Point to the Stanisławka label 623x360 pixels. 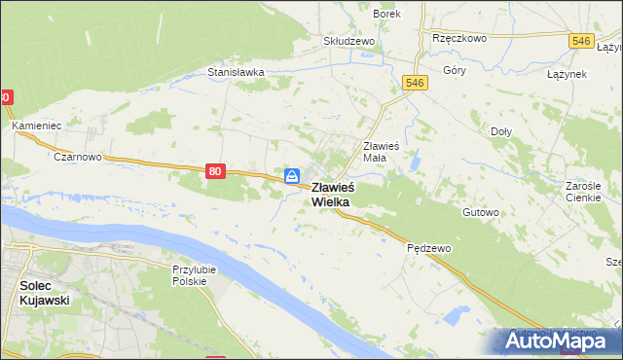[236, 72]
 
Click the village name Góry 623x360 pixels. [454, 71]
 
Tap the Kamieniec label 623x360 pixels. [36, 126]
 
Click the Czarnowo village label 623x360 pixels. [78, 156]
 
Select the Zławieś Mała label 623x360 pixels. [388, 151]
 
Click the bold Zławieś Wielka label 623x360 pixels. [333, 195]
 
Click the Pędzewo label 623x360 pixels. [428, 248]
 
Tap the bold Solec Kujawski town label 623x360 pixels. [44, 293]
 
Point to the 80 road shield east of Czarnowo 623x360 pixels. [215, 171]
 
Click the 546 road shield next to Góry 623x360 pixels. [415, 84]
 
